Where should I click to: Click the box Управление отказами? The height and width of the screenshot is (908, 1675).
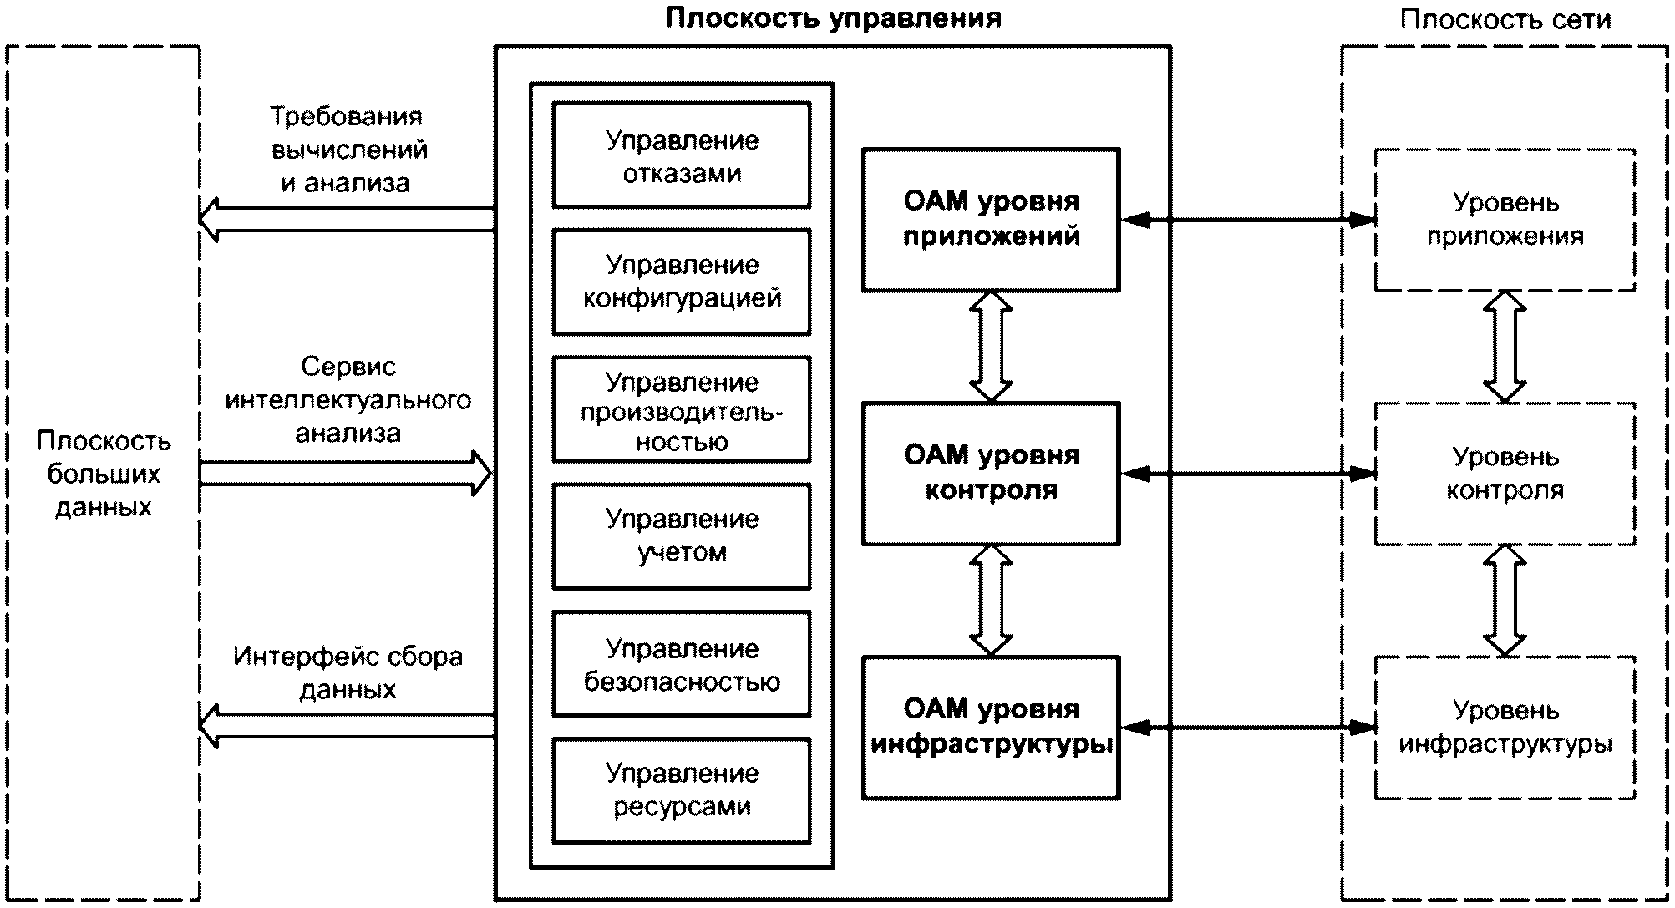(x=682, y=156)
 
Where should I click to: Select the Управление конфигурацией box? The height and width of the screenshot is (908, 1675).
(x=682, y=282)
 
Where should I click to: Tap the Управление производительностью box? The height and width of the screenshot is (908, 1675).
(x=682, y=410)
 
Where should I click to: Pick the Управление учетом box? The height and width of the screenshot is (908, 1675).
(x=682, y=536)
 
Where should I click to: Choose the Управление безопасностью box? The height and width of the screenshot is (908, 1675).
(x=682, y=664)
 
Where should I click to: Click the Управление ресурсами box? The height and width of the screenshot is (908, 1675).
(x=682, y=790)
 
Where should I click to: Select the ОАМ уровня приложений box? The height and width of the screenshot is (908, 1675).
(x=991, y=220)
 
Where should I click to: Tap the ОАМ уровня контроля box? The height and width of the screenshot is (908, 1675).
(x=991, y=474)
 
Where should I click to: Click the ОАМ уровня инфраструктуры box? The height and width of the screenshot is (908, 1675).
(x=991, y=728)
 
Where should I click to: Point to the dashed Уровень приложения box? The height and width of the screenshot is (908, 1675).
(x=1505, y=220)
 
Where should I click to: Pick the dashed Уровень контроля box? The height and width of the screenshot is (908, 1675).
(x=1505, y=474)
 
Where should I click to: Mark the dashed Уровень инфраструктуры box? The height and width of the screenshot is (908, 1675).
(x=1505, y=728)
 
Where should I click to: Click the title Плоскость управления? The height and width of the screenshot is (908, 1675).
(x=833, y=18)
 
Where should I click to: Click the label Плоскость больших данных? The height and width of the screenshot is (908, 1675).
(x=104, y=474)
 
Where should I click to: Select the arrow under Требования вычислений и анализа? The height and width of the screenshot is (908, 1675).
(x=347, y=220)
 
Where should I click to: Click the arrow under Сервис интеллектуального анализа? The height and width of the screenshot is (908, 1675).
(x=347, y=474)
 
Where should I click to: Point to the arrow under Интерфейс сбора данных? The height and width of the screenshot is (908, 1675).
(x=347, y=726)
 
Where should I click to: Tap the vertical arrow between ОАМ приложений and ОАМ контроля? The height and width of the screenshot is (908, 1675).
(x=991, y=347)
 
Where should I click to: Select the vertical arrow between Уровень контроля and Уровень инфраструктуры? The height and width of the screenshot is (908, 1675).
(x=1505, y=601)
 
